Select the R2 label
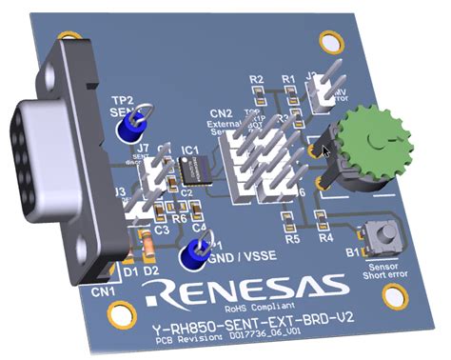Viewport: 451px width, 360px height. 256,80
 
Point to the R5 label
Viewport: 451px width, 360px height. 293,239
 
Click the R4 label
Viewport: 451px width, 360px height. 325,239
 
